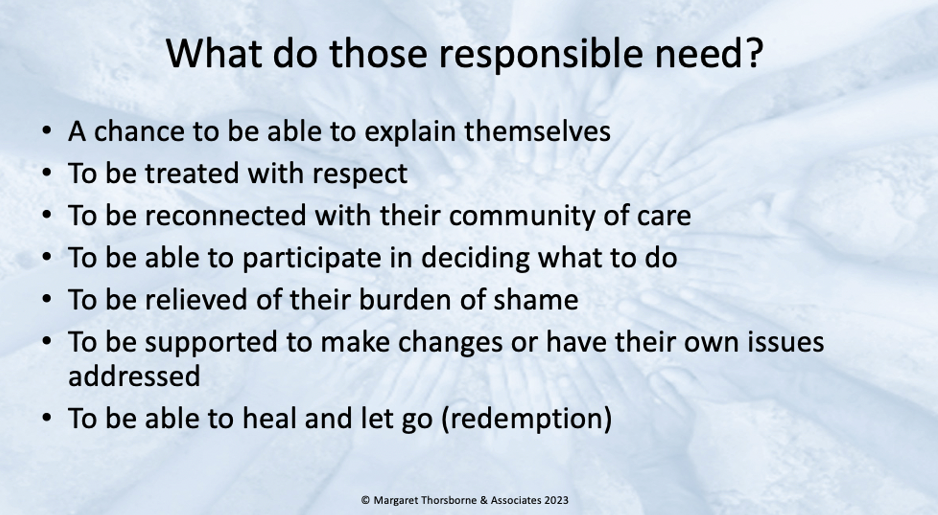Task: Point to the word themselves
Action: click(537, 131)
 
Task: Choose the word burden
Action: click(405, 300)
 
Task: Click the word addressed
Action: click(134, 376)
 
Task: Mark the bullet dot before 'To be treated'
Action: click(47, 173)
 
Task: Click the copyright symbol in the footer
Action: click(365, 500)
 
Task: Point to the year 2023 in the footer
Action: click(556, 500)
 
